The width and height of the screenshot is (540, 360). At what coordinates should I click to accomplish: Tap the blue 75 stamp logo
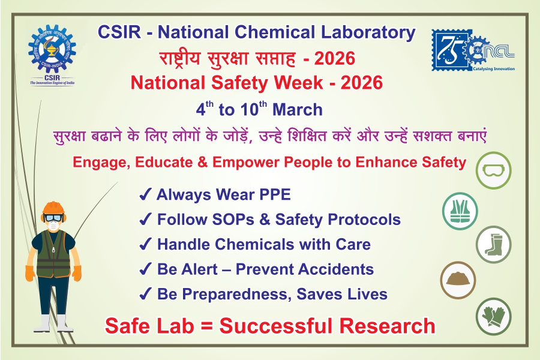(x=452, y=50)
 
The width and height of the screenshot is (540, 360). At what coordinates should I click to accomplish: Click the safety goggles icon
(x=494, y=170)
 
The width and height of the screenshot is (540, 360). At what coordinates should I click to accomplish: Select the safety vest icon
(x=460, y=211)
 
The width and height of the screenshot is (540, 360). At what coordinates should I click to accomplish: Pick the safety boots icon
(x=494, y=244)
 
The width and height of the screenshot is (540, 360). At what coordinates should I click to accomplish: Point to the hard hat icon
(x=458, y=280)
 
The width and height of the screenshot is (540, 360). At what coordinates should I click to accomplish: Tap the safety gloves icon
(x=494, y=316)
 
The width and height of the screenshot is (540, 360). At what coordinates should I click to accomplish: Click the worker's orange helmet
(x=53, y=208)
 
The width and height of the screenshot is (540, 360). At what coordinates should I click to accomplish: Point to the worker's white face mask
(x=53, y=226)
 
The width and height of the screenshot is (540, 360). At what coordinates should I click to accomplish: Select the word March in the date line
(x=298, y=110)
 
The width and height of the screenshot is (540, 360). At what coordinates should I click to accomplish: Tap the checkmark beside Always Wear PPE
(x=145, y=194)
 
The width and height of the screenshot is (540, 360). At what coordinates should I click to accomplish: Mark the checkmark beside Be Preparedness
(x=145, y=294)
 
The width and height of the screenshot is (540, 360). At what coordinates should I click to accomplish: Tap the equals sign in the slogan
(x=206, y=326)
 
